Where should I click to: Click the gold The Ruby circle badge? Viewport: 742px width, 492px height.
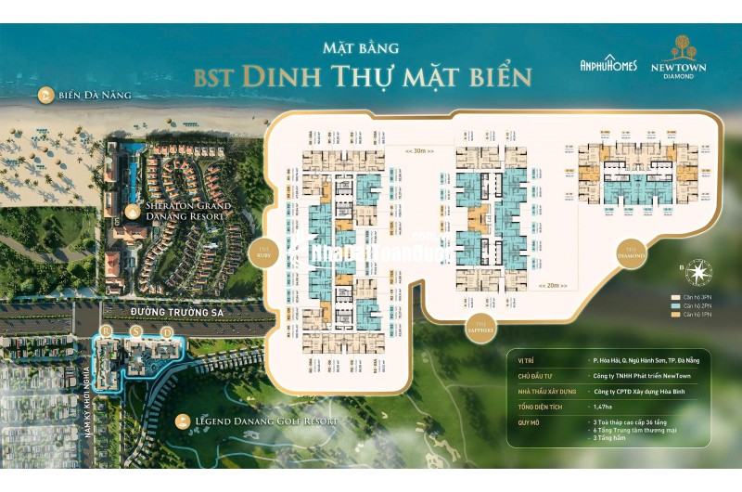(x=263, y=252)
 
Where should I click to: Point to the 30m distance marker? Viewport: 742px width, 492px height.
(x=420, y=149)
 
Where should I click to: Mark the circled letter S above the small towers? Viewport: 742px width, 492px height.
(x=136, y=331)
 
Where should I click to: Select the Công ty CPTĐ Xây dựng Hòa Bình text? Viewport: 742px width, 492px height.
(x=644, y=392)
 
